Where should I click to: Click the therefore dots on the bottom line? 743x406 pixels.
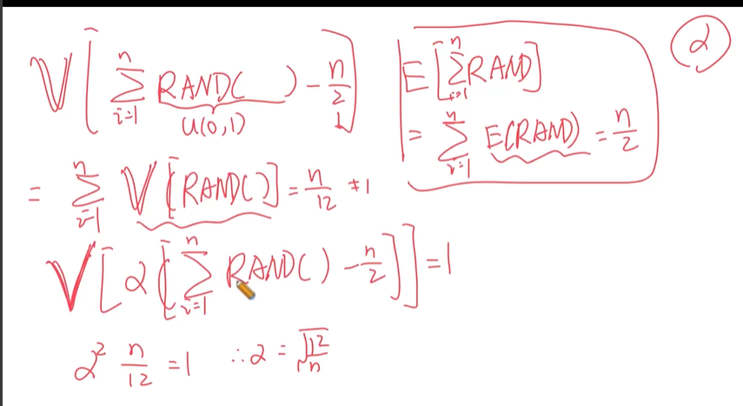(243, 357)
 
